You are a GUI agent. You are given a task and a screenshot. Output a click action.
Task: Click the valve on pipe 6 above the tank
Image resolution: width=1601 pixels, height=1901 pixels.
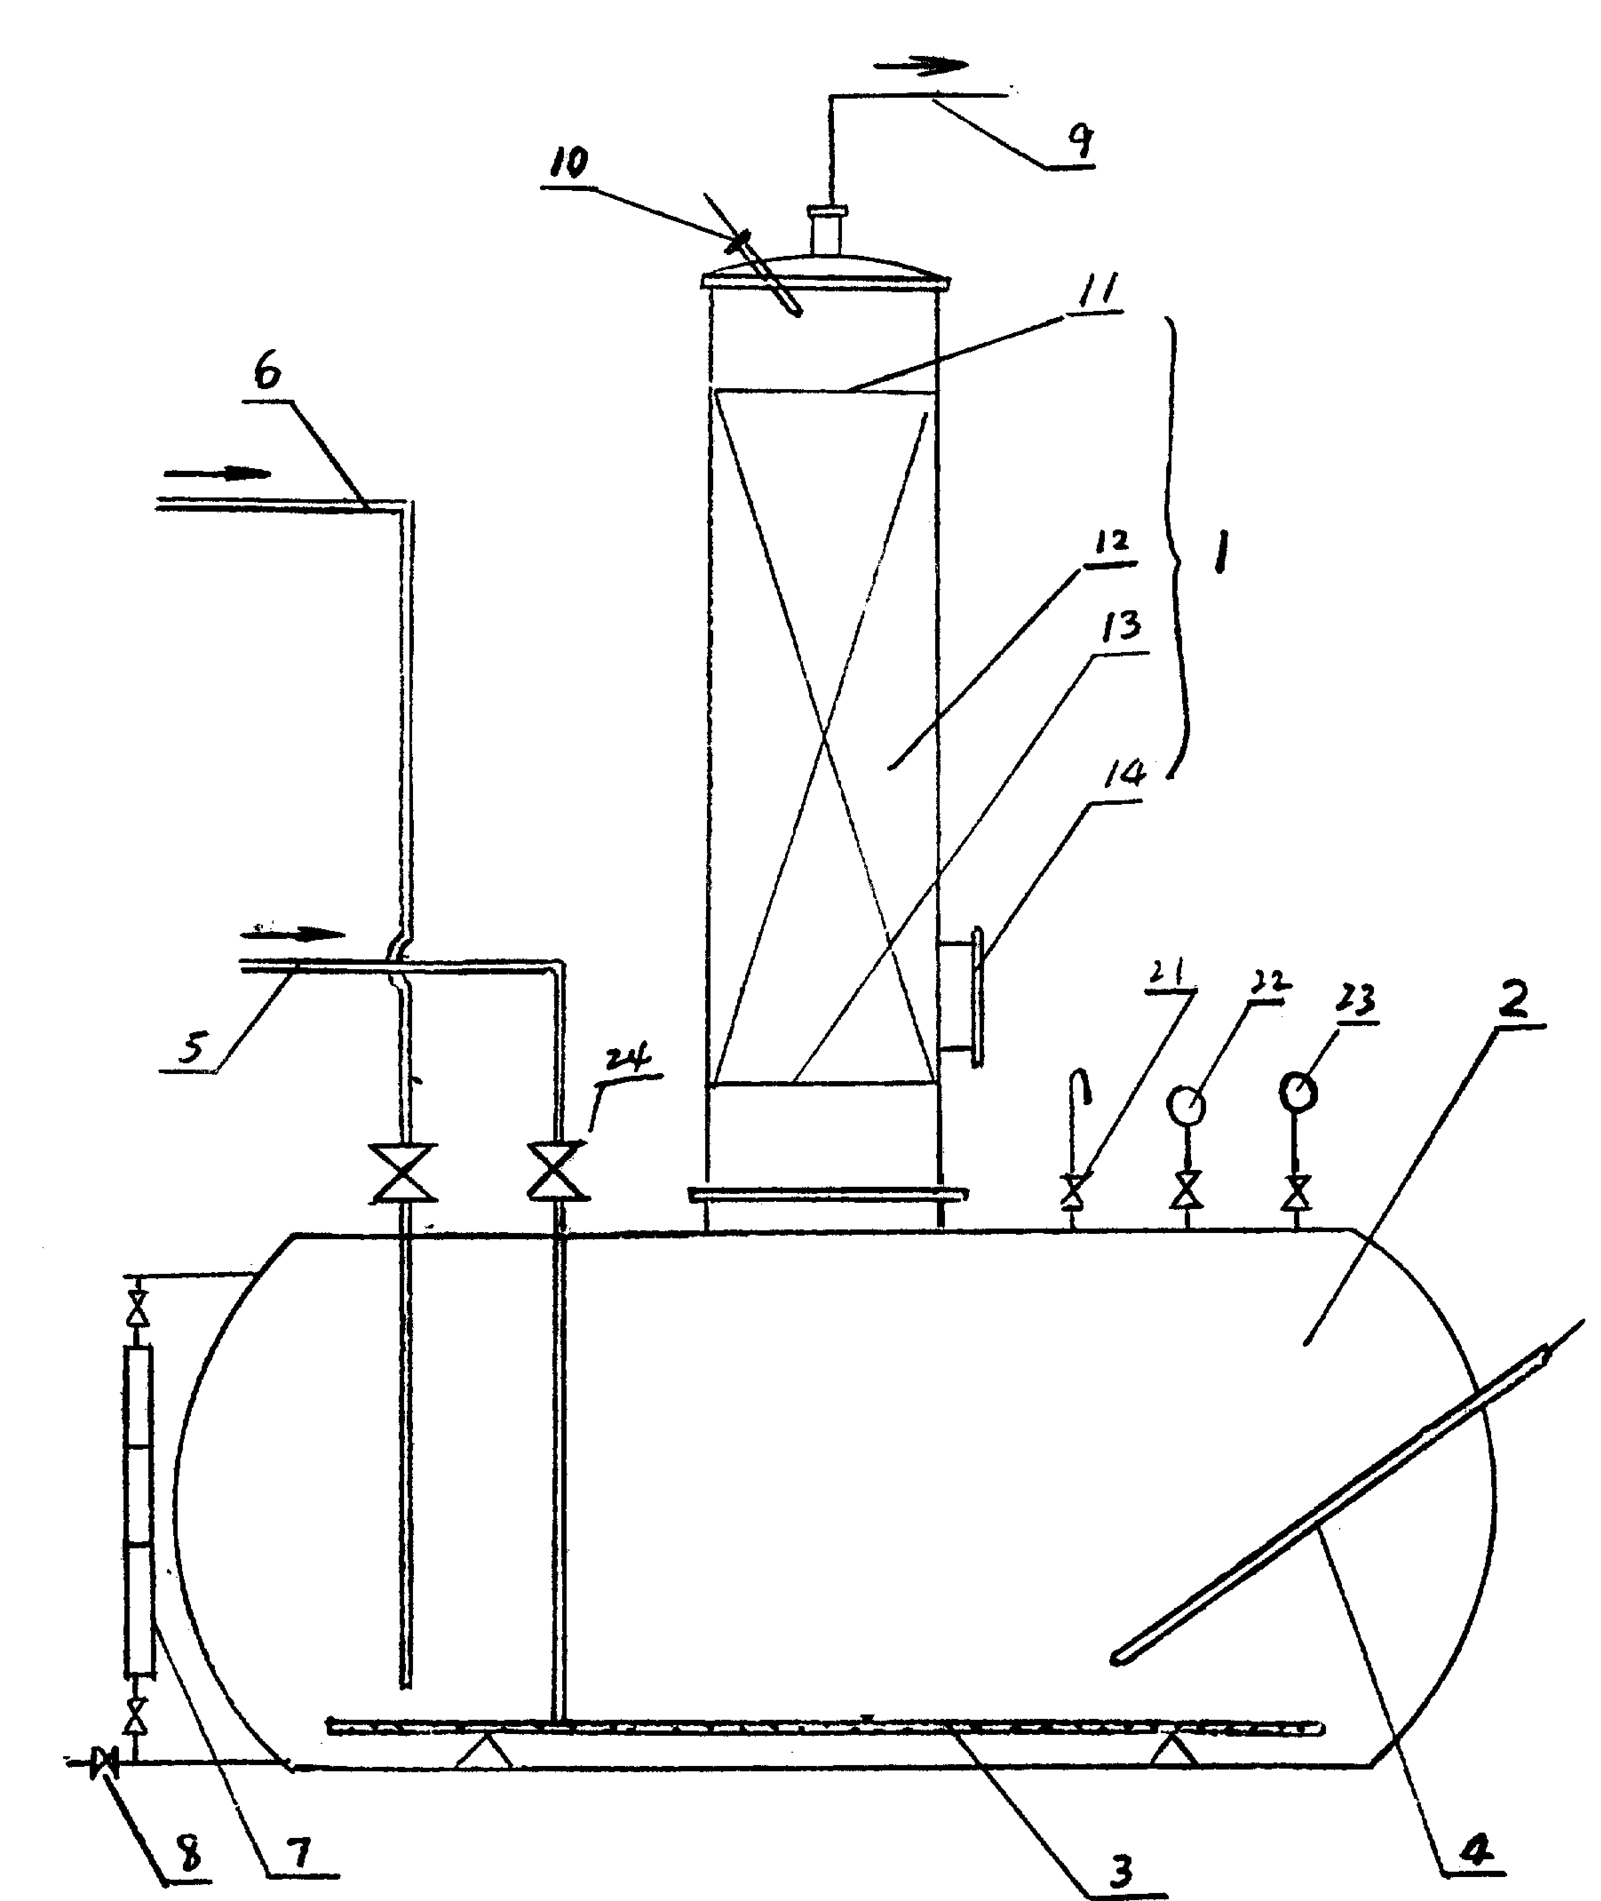coord(403,1173)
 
